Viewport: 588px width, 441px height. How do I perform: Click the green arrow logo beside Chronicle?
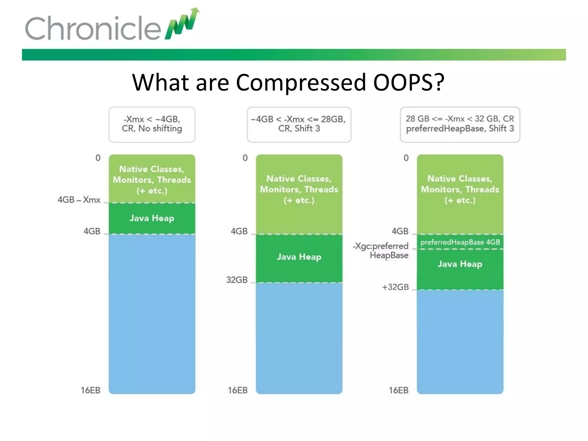tap(182, 24)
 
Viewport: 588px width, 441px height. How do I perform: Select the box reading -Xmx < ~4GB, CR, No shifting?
tap(152, 124)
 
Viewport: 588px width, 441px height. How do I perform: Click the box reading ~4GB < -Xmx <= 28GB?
tap(299, 124)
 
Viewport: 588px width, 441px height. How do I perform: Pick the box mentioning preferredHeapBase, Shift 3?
tap(460, 124)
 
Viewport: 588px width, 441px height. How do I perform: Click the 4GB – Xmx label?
tap(79, 200)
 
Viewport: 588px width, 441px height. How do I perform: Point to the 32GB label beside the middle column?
tap(237, 280)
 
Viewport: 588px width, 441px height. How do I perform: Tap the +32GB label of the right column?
tap(395, 287)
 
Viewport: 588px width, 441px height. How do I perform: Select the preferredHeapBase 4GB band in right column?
tap(460, 242)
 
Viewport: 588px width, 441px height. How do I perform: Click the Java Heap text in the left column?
tap(152, 218)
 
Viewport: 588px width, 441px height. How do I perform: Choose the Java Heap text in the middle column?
tap(299, 257)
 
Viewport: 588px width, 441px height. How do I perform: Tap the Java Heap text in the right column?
tap(460, 264)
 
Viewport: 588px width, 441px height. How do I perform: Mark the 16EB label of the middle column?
tap(237, 390)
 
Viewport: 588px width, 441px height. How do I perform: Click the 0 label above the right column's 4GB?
tap(406, 158)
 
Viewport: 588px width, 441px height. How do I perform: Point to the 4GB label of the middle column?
tap(239, 231)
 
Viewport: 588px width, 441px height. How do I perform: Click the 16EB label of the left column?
tap(90, 390)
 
